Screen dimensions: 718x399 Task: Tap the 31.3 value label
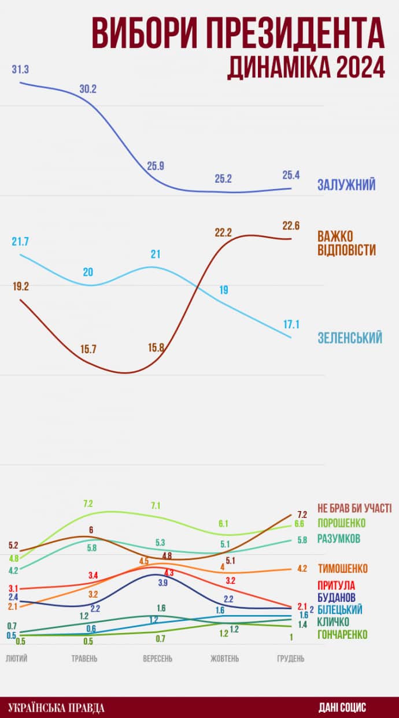pos(20,69)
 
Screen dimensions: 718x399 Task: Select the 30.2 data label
pos(88,89)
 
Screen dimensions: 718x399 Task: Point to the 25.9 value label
pos(156,166)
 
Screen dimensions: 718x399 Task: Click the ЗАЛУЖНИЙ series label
pos(346,185)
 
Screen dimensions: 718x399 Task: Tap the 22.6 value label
pos(291,225)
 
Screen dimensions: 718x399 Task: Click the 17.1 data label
pos(291,324)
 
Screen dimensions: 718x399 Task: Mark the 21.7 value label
pos(20,241)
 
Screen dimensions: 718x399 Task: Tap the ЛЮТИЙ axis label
pos(16,658)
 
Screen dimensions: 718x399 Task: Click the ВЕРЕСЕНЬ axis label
pos(157,658)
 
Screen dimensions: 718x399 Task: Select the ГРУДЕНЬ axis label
pos(291,658)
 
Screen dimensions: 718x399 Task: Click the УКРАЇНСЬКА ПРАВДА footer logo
pos(57,708)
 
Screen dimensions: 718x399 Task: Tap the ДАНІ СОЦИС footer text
pos(342,708)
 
